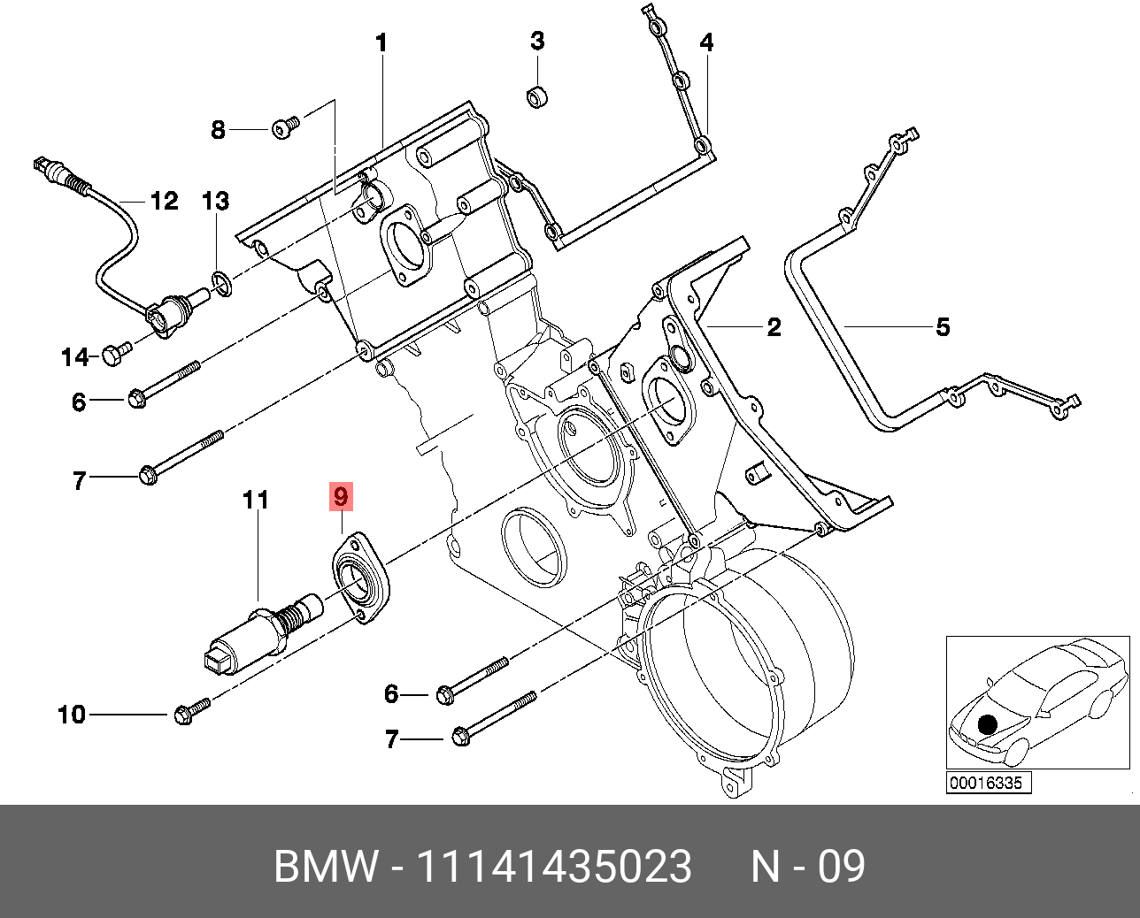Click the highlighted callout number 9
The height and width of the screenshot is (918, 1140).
click(x=341, y=497)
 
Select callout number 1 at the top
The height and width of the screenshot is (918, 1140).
click(x=381, y=42)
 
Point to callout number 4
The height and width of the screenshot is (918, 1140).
click(x=706, y=42)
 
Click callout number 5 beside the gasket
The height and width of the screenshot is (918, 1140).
click(x=943, y=327)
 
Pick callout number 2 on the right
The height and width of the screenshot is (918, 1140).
click(x=774, y=327)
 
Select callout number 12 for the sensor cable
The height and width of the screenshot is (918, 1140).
click(x=164, y=202)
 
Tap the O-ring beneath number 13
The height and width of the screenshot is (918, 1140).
click(x=221, y=283)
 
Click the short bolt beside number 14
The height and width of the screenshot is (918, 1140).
click(x=115, y=353)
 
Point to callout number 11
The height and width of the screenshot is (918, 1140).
click(x=255, y=501)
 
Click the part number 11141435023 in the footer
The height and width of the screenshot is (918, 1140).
click(x=553, y=867)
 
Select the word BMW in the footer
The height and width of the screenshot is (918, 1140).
click(x=326, y=867)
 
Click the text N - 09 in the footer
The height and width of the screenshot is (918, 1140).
click(x=807, y=867)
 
